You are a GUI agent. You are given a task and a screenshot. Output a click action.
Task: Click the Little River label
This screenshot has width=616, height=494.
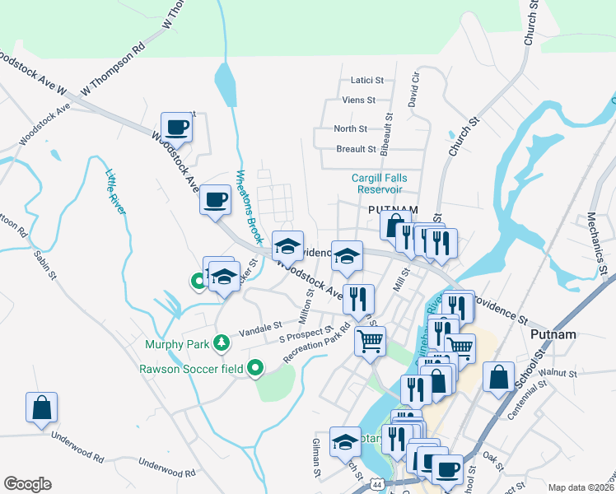coord(115,192)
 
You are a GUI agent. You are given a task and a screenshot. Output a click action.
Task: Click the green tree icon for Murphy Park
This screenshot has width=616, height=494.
coord(221,342)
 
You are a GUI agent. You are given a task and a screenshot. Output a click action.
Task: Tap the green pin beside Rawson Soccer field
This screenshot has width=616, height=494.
coord(255,369)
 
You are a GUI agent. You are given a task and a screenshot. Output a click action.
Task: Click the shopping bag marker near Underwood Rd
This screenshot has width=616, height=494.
coord(41,408)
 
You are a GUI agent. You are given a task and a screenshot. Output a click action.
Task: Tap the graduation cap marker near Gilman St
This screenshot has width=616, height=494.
coord(345,441)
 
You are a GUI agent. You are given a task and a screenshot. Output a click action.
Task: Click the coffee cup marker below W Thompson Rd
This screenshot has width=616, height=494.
coord(176,127)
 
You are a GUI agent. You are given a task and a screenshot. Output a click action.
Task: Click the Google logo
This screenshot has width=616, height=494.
coord(27,484)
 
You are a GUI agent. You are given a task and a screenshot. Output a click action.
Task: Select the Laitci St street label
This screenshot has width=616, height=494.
coord(367,81)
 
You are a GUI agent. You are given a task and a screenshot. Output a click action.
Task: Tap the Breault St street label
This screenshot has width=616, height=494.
coord(356,150)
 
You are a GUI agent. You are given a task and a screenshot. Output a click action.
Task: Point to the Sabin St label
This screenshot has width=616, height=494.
coord(43,263)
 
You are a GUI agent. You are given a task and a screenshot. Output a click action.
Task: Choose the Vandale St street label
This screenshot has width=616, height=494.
coord(260,328)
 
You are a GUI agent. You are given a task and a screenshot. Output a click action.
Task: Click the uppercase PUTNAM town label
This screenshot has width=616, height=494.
coord(393,210)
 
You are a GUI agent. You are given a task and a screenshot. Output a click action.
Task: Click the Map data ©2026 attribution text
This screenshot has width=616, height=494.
coord(579,487)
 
